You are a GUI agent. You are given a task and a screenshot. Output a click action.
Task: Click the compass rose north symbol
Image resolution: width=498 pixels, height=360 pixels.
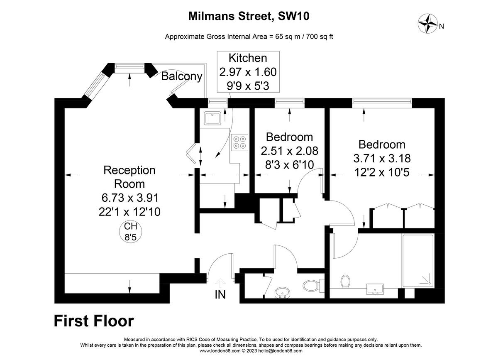[x=427, y=23]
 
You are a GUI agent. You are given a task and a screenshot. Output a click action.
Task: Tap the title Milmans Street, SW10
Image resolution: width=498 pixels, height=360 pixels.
[x=249, y=16]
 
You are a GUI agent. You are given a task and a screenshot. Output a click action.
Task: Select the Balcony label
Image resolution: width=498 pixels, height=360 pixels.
[x=182, y=76]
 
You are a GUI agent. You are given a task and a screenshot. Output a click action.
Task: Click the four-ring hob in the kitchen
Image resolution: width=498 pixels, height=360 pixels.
[x=239, y=142]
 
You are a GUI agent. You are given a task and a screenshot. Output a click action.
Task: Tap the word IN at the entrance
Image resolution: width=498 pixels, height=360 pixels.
[x=220, y=295]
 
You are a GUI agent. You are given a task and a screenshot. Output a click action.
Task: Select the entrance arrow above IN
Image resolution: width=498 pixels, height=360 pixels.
[x=220, y=283]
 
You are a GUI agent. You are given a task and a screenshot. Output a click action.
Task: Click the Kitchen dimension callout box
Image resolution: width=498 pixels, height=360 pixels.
[x=248, y=72]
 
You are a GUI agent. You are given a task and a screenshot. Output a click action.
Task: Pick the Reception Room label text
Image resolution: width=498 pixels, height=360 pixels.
[x=129, y=177]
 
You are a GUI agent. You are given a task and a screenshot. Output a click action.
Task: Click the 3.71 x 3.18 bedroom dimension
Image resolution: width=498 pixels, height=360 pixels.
[x=381, y=158]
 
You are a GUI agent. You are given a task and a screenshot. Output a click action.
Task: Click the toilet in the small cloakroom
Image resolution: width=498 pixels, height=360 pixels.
[x=311, y=285]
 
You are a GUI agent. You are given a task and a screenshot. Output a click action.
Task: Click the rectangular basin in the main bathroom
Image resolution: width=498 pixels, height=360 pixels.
[x=375, y=289]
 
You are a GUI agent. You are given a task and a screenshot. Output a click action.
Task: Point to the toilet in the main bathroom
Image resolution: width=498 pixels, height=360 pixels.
[x=345, y=282]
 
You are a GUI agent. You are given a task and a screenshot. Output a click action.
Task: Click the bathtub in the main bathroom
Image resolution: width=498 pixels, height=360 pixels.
[x=417, y=261]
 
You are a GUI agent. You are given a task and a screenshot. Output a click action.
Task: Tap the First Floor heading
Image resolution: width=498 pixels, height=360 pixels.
[x=94, y=321]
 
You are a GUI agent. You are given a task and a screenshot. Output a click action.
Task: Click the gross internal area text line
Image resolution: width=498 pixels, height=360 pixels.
[x=249, y=36]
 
